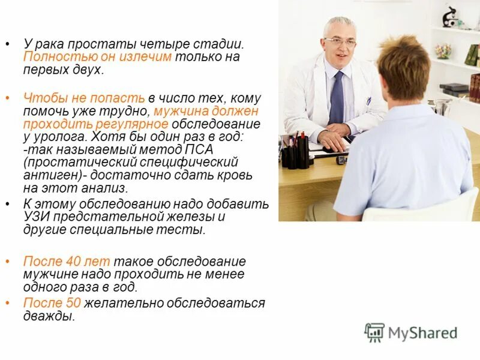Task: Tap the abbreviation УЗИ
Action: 37,217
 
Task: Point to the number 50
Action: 74,303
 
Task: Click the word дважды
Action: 49,316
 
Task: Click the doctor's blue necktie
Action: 337,99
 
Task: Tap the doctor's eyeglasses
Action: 340,41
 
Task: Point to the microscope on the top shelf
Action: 450,17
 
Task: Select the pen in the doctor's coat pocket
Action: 368,100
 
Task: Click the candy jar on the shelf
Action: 443,50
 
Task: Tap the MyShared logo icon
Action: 374,332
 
